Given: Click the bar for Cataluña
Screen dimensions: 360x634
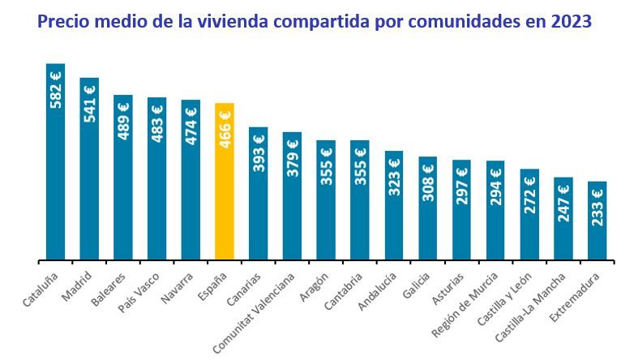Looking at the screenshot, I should point(55,162).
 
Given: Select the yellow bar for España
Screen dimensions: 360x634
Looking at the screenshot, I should point(225,182).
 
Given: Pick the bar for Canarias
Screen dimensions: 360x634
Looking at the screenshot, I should point(259,194).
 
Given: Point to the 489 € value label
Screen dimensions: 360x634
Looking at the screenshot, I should point(123,120).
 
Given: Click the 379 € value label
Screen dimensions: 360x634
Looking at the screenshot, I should point(293,157).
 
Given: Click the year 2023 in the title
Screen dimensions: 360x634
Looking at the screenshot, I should point(569,19).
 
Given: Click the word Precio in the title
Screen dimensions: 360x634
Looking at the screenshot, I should point(66,19).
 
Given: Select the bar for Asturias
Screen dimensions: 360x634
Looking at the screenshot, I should point(461,210).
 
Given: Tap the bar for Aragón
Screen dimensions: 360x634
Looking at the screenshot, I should point(326,200).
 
